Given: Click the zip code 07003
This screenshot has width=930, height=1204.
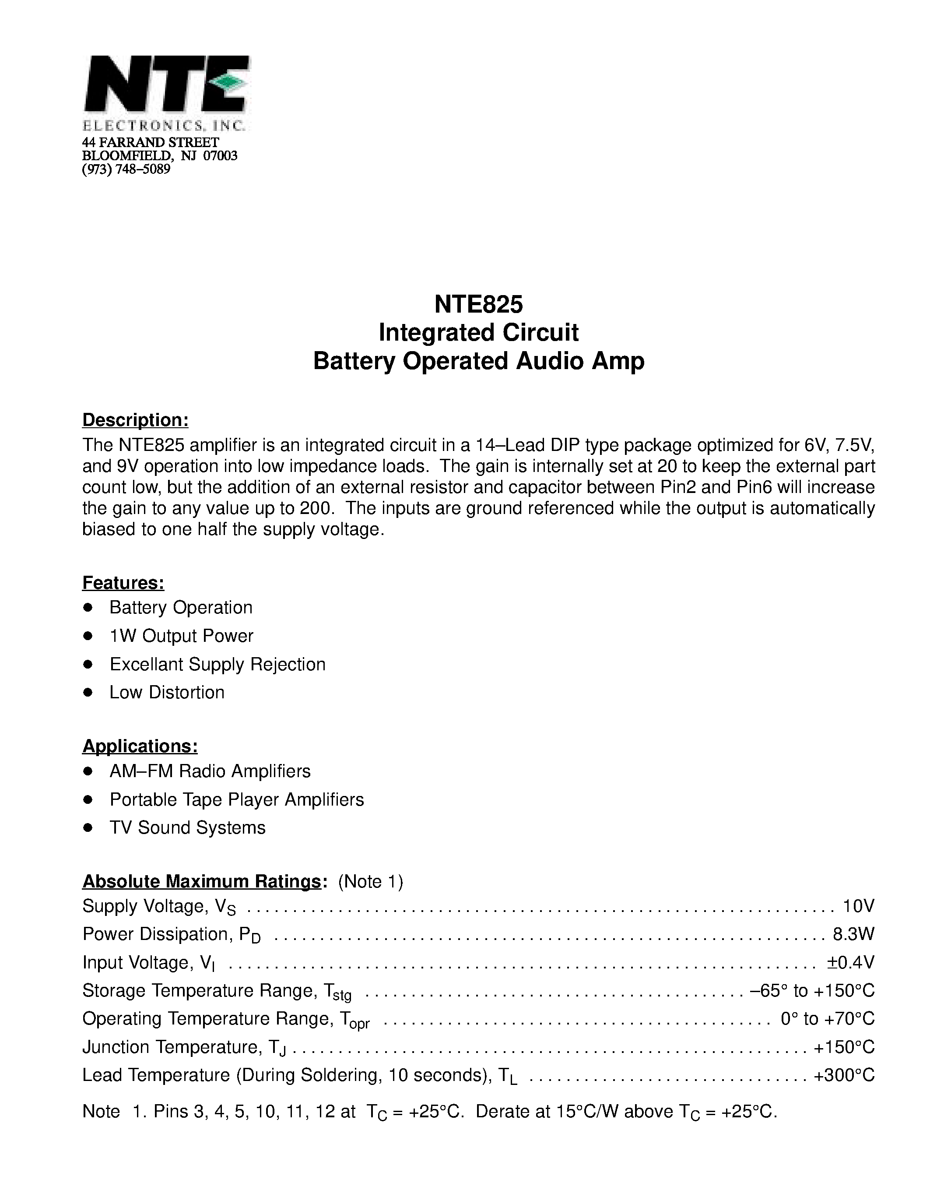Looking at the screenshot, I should (x=221, y=156).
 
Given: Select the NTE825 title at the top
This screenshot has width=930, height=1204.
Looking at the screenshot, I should (x=478, y=304).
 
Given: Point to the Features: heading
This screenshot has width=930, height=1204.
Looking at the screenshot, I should (x=123, y=583).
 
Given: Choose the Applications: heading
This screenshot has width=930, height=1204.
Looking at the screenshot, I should (x=140, y=746).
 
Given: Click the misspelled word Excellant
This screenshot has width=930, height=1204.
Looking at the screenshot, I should (x=147, y=664).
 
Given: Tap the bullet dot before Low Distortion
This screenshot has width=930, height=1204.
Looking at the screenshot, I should (x=88, y=693).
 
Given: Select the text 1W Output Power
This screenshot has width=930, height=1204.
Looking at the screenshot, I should (x=181, y=636).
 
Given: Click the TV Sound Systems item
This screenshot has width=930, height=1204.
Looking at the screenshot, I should (x=187, y=827).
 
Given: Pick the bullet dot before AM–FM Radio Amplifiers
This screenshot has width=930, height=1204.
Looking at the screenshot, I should (x=88, y=771).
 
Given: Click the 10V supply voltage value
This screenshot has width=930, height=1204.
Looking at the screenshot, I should (x=858, y=906).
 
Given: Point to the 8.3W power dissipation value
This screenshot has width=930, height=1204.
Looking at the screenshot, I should (x=853, y=934).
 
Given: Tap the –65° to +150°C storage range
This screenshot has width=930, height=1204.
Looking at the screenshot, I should (x=812, y=991).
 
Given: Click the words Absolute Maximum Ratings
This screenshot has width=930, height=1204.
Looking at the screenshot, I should (x=202, y=881).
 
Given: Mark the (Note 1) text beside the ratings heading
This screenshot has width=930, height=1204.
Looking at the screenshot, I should (x=371, y=881).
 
